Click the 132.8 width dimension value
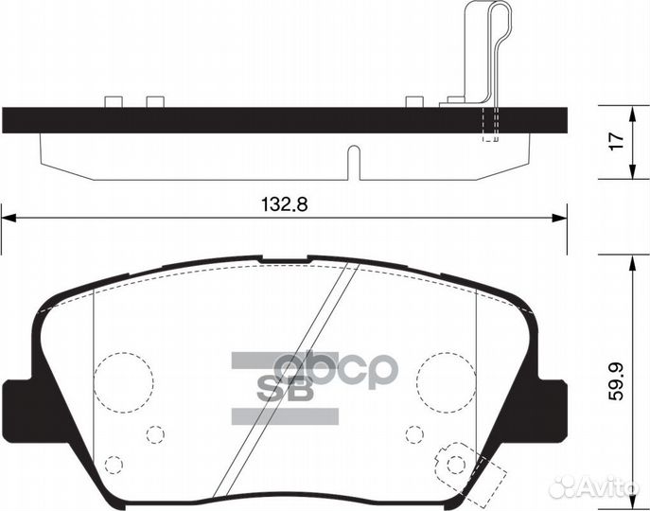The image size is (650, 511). click(285, 204)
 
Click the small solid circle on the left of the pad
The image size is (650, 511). click(155, 433)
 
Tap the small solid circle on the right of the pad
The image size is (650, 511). click(413, 433)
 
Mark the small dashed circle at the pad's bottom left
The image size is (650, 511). click(114, 465)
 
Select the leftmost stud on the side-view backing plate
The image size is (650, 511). click(113, 101)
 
